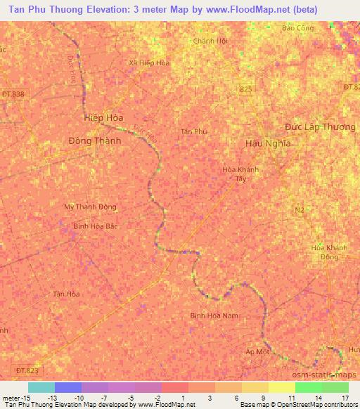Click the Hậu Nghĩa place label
268,143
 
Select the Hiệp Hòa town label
103,117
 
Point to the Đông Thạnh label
95,140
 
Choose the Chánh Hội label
211,41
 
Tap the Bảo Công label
297,28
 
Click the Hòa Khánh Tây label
239,174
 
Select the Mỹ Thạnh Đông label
90,207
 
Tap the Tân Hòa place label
67,294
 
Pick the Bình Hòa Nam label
215,316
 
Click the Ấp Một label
258,351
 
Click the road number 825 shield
245,89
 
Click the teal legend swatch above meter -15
41,387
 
